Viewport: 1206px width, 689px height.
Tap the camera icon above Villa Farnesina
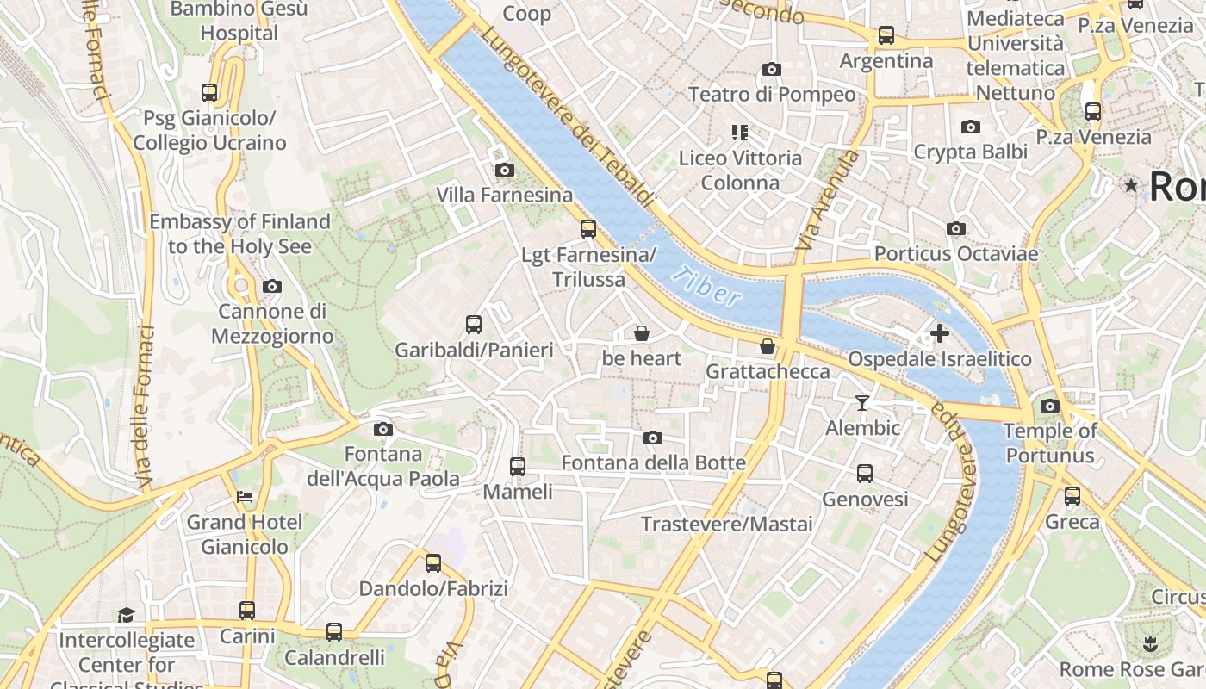tap(505, 171)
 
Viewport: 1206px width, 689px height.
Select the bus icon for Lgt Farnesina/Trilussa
tap(588, 229)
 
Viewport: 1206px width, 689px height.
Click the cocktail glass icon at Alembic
tap(861, 402)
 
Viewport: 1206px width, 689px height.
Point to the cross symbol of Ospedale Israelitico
tap(940, 332)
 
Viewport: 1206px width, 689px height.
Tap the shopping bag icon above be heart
tap(642, 332)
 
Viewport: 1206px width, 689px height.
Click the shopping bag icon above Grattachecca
tap(768, 346)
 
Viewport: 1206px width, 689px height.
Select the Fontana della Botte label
tap(653, 463)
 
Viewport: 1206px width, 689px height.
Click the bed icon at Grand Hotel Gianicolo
tap(245, 497)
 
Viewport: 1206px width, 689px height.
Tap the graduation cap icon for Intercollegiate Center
tap(127, 615)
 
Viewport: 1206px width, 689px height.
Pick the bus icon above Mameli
tap(518, 466)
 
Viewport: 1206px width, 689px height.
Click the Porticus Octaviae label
tap(955, 254)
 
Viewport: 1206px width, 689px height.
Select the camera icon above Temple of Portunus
tap(1049, 406)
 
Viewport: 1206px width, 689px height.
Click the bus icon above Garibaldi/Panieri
tap(474, 325)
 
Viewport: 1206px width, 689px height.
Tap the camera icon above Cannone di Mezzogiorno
tap(272, 286)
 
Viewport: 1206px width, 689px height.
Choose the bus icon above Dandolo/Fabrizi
tap(433, 563)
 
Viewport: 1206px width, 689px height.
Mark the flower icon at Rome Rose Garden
tap(1149, 643)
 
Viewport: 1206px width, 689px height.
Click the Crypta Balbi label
tap(970, 152)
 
